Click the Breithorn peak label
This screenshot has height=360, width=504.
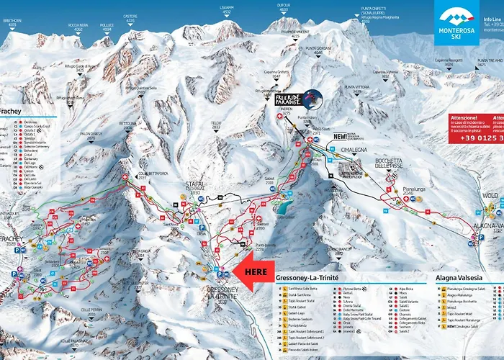(x=12, y=22)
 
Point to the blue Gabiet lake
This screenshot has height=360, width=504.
(x=284, y=209)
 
